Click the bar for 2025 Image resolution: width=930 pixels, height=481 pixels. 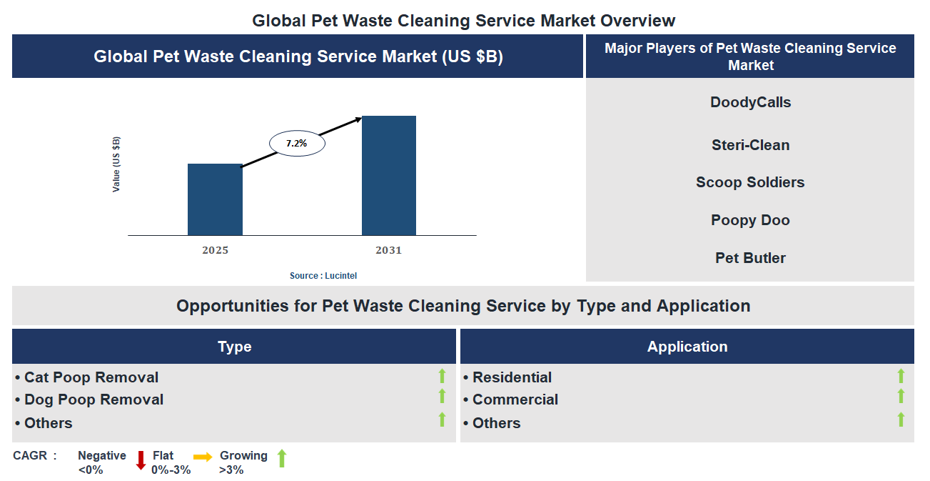pos(215,199)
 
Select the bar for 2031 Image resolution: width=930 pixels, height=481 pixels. pos(388,176)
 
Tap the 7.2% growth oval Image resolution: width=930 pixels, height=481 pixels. pos(297,144)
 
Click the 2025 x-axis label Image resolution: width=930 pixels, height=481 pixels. pos(215,250)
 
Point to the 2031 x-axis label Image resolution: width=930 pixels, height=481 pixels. pos(388,250)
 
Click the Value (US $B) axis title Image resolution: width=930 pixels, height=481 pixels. pos(116,164)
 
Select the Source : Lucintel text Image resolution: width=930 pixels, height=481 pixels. pos(323,276)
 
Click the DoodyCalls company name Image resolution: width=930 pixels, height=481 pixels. pos(750,102)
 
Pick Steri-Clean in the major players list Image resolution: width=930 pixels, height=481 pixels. pos(750,145)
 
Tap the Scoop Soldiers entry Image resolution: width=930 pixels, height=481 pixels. pos(750,182)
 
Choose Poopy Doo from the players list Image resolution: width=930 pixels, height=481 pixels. pos(750,220)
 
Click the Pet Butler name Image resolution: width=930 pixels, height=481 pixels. pos(750,258)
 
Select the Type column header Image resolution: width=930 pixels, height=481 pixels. pos(234,347)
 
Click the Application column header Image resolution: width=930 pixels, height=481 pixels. pos(687,347)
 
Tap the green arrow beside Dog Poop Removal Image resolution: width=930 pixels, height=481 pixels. pos(442,397)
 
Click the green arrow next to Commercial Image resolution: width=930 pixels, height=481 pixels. pos(901,397)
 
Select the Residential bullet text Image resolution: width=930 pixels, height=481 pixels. pos(511,377)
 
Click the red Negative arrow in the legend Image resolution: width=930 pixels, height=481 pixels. pos(141,460)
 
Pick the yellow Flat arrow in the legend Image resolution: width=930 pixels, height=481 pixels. pos(203,457)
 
